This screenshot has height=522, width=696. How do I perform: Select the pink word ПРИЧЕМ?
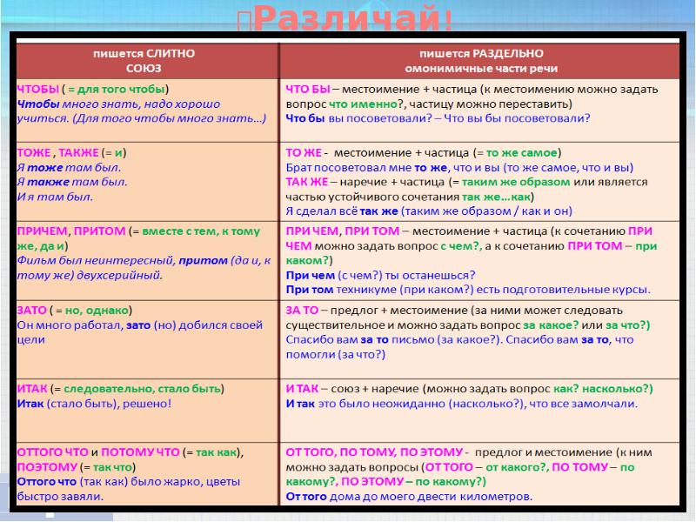tap(42, 231)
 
